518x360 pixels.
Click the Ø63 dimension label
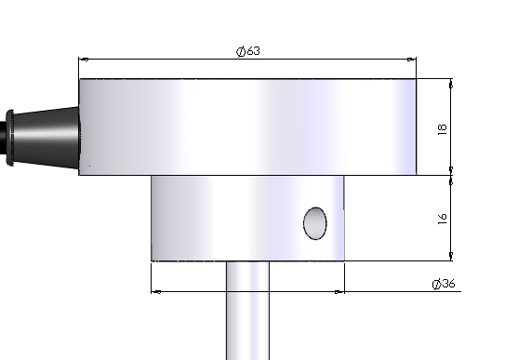pyautogui.click(x=248, y=51)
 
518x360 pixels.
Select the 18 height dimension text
pyautogui.click(x=442, y=129)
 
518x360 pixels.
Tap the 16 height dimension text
pyautogui.click(x=442, y=219)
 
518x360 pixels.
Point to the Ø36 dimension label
pyautogui.click(x=444, y=284)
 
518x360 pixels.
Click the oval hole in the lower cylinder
pyautogui.click(x=315, y=223)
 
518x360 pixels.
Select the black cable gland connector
pyautogui.click(x=43, y=137)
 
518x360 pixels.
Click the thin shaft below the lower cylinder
pyautogui.click(x=247, y=310)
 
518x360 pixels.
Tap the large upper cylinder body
pyautogui.click(x=247, y=127)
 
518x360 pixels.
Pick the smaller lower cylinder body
pyautogui.click(x=247, y=219)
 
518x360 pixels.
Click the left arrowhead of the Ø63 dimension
pyautogui.click(x=84, y=60)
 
